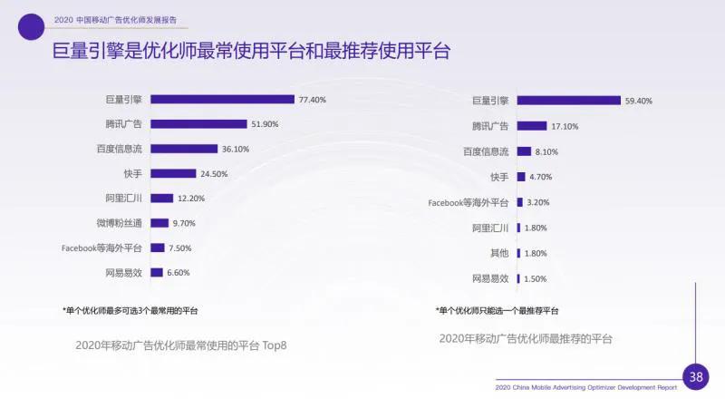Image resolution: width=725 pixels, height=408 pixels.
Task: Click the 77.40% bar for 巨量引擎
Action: point(222,100)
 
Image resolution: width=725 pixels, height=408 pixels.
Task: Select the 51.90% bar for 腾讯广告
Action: point(198,124)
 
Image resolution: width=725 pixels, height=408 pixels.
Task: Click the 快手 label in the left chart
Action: point(132,173)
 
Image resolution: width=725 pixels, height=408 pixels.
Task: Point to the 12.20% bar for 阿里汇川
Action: point(161,198)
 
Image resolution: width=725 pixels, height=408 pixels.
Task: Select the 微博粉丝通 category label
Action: point(121,223)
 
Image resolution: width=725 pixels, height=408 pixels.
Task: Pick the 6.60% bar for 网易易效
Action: point(157,272)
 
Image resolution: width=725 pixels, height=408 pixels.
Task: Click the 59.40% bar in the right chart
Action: point(568,101)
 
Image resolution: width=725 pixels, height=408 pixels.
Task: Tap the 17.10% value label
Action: point(565,126)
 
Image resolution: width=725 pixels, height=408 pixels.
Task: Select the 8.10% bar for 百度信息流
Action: point(524,151)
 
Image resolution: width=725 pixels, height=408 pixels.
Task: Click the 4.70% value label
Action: point(541,177)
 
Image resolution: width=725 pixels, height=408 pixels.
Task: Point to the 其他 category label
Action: point(498,253)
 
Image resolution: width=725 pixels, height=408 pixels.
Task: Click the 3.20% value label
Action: point(538,202)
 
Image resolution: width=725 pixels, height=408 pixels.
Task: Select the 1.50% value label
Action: point(536,278)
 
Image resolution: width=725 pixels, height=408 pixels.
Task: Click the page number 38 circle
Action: point(695,376)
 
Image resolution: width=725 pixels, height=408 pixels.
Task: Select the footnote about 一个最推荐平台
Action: point(497,311)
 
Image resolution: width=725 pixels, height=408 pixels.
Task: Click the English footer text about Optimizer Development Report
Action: point(586,387)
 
